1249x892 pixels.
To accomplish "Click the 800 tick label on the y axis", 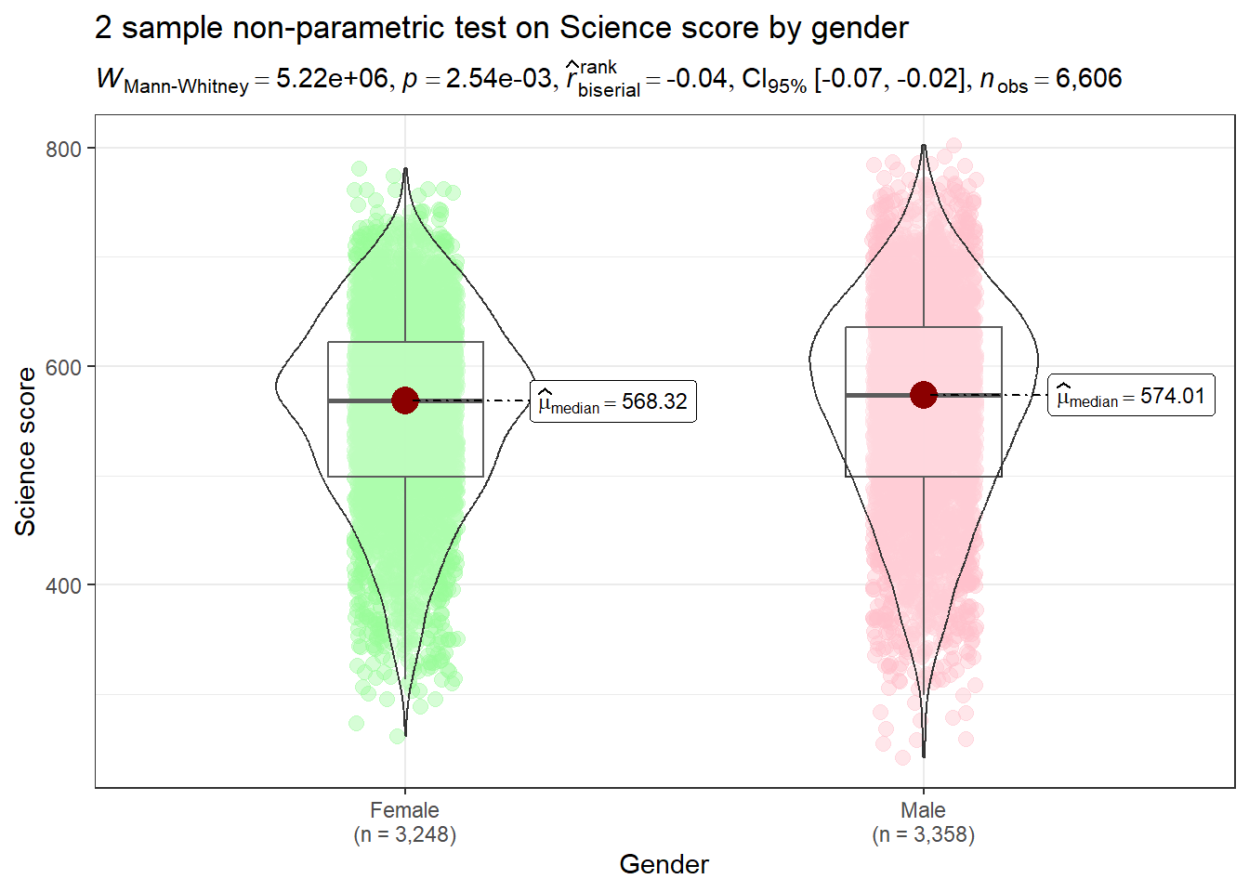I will (x=63, y=149).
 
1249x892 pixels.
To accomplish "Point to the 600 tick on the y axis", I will (x=63, y=367).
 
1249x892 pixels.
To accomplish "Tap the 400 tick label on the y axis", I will (x=63, y=586).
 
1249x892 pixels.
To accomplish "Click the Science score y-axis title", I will (x=25, y=452).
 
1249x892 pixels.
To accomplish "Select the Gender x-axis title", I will (x=664, y=864).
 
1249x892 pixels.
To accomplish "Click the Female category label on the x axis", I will (x=404, y=810).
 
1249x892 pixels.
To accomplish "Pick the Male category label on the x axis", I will (x=923, y=810).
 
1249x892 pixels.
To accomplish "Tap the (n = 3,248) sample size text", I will (x=404, y=834).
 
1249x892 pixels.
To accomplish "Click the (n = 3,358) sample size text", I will (x=923, y=834).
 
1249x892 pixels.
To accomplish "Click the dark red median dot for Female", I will (x=405, y=400).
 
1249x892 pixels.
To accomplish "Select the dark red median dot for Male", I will (x=923, y=395).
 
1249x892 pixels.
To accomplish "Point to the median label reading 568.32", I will (x=613, y=401).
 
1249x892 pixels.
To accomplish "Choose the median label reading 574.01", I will (x=1131, y=396).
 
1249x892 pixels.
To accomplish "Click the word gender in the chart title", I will (x=859, y=29).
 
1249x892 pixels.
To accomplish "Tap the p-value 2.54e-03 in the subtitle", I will (x=498, y=79).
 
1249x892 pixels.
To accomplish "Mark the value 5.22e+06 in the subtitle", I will (x=332, y=79).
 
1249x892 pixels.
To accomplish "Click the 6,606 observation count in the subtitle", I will (x=1088, y=79).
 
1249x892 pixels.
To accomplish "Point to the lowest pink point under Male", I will (x=902, y=757).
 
